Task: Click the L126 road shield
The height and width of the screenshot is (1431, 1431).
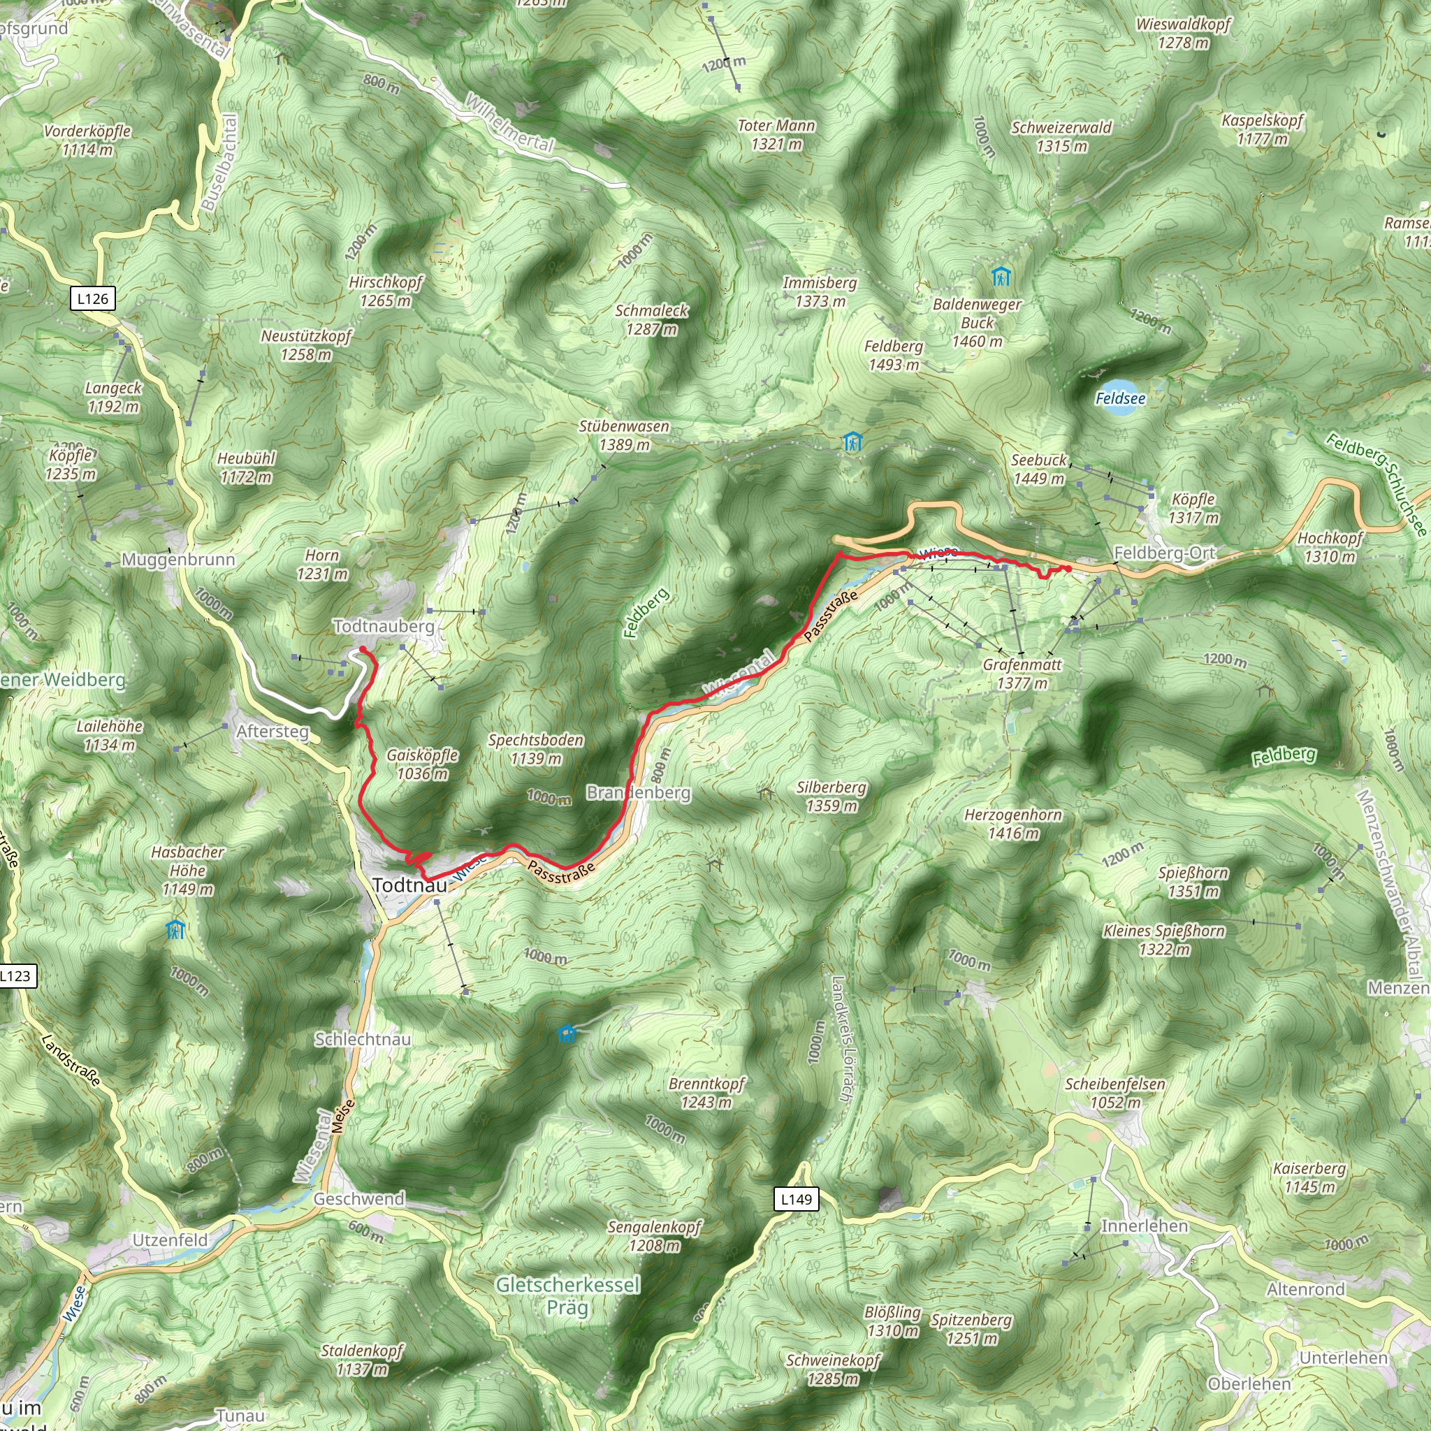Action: click(93, 298)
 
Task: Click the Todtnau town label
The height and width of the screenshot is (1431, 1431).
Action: click(409, 885)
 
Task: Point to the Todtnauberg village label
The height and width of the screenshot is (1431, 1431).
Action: click(384, 627)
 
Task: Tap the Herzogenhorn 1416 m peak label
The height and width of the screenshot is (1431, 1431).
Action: click(1012, 824)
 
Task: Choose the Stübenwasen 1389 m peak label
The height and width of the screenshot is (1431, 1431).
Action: click(624, 435)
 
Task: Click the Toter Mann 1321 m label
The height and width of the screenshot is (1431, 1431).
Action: click(776, 135)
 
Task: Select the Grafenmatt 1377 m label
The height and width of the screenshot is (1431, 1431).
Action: click(1022, 674)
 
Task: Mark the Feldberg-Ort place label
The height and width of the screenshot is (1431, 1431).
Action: click(1164, 553)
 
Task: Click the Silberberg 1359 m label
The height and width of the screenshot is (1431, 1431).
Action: click(831, 797)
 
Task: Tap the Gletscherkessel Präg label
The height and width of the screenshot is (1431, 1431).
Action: click(567, 1295)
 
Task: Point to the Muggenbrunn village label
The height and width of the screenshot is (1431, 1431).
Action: click(177, 560)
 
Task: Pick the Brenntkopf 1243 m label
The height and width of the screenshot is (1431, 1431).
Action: click(706, 1093)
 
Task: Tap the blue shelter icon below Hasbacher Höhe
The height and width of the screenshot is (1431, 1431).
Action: click(175, 929)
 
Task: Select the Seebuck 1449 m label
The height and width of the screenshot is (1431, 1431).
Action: click(1038, 469)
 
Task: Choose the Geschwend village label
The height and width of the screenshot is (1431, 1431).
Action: click(359, 1198)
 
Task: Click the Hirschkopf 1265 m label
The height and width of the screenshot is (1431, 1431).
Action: click(385, 291)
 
